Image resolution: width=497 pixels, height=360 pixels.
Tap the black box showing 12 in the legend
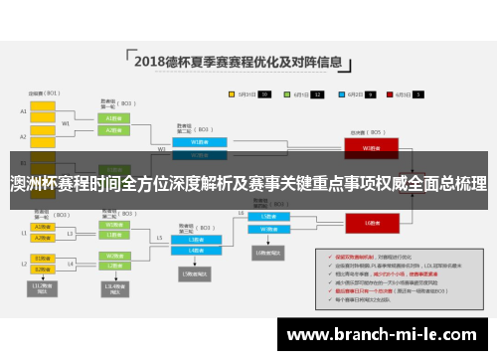(x=264, y=94)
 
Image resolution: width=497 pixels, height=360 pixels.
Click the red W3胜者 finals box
(x=368, y=148)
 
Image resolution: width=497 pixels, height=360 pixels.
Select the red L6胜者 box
(x=368, y=222)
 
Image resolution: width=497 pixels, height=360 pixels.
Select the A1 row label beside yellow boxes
(x=23, y=111)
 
